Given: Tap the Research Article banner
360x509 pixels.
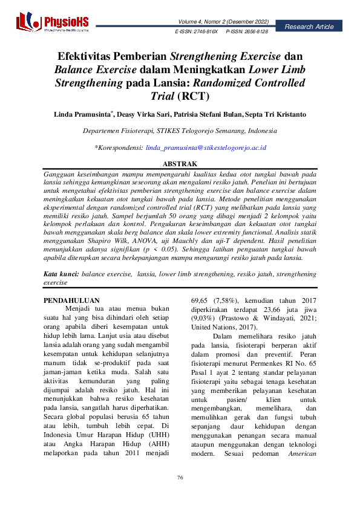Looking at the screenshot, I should (x=309, y=27).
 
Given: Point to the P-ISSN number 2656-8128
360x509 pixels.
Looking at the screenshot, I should (x=254, y=30).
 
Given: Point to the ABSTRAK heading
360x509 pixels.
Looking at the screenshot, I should (x=180, y=164).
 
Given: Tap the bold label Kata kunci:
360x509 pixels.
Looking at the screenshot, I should (x=62, y=274).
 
